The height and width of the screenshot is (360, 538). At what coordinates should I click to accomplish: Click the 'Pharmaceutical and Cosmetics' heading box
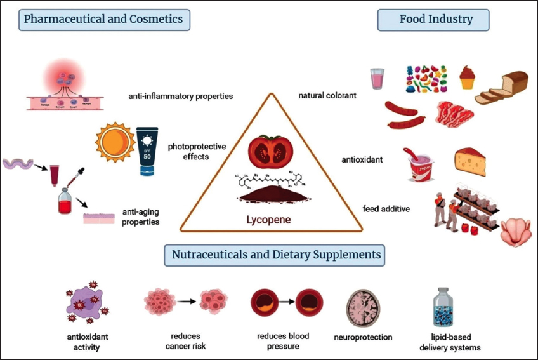103,19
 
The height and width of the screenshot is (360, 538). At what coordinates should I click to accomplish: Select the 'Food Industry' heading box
436,19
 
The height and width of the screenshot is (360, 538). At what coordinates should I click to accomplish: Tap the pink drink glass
377,79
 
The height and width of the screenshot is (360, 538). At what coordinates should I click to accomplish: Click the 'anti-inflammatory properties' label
180,97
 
